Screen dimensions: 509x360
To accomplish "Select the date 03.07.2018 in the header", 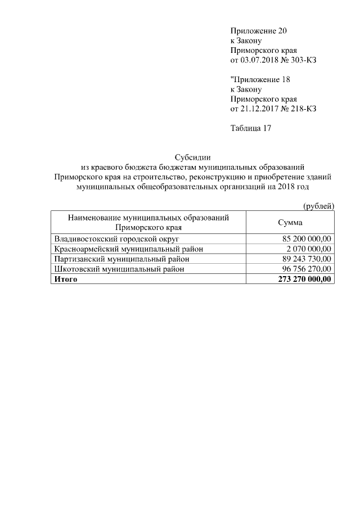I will pyautogui.click(x=260, y=60).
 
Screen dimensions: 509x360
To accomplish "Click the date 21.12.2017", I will pyautogui.click(x=260, y=109).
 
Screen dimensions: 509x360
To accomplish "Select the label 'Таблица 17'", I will pyautogui.click(x=251, y=128).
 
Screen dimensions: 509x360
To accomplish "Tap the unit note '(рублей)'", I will pyautogui.click(x=318, y=206).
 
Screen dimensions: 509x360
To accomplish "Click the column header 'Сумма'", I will pyautogui.click(x=290, y=222).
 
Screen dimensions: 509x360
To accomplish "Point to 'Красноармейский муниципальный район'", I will pyautogui.click(x=128, y=249).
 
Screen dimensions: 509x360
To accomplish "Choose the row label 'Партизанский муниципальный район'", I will pyautogui.click(x=121, y=259).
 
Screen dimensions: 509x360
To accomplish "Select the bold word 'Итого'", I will pyautogui.click(x=65, y=279).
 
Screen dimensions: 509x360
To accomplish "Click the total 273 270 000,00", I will pyautogui.click(x=304, y=279).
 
